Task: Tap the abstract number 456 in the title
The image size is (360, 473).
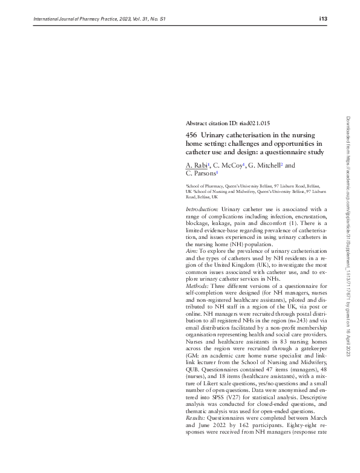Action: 191,134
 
